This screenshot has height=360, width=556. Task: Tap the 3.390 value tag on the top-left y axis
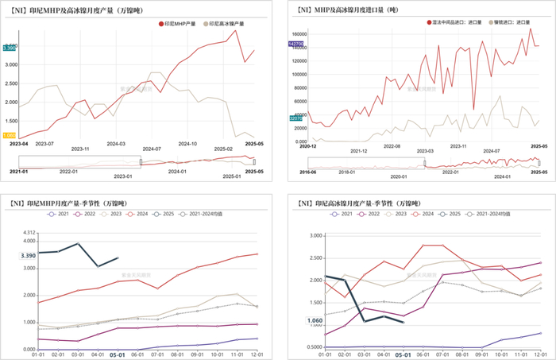10,48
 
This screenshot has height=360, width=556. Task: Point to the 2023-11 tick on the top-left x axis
81,149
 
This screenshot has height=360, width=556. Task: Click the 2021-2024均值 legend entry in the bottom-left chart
204,214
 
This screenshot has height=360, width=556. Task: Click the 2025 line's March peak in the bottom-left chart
78,243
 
